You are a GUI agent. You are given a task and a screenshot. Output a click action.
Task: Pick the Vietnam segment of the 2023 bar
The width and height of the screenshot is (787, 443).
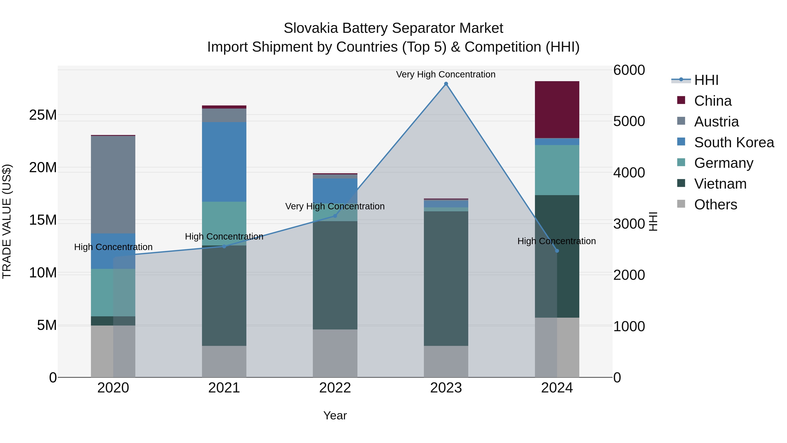[x=446, y=278]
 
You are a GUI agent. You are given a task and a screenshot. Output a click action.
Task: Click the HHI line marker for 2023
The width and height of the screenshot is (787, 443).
[x=446, y=84]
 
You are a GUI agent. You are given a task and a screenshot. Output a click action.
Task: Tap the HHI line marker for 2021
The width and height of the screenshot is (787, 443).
[x=224, y=246]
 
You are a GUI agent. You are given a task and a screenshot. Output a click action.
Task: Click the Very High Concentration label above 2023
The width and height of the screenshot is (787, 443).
[x=446, y=74]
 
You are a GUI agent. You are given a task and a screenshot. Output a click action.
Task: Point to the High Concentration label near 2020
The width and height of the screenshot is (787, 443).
[x=113, y=247]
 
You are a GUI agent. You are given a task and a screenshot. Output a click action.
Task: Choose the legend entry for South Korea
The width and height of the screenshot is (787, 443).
[x=733, y=142]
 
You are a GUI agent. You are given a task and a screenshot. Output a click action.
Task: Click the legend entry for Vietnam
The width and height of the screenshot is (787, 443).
[x=720, y=184]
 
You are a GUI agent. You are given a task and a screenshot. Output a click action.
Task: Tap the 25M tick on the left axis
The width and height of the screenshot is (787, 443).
[x=43, y=115]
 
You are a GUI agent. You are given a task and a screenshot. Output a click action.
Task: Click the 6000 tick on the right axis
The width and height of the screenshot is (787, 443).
[x=629, y=70]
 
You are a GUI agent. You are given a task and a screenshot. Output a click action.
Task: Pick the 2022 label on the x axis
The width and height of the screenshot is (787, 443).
[x=335, y=388]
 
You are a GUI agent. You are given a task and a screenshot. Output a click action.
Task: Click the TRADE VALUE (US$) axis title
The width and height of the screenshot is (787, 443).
[x=7, y=221]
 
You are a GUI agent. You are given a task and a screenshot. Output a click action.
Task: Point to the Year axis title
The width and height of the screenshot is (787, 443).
[x=335, y=415]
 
